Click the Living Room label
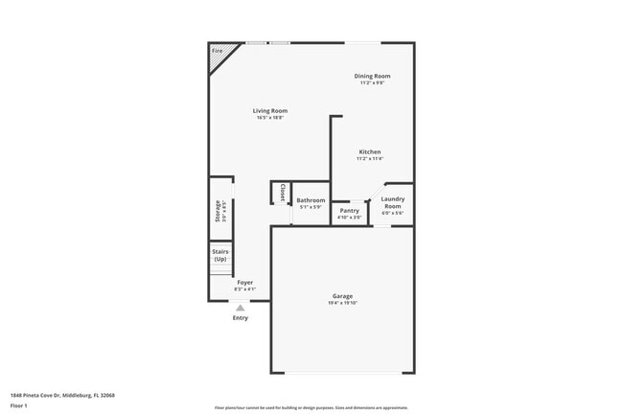point(270,111)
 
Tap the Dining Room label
point(373,76)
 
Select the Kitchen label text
point(370,152)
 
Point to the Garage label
point(342,296)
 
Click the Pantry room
point(349,211)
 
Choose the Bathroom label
point(311,200)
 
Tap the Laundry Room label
point(393,202)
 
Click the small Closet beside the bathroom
point(282,193)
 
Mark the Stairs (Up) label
point(220,256)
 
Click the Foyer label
point(245,283)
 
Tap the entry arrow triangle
point(241,308)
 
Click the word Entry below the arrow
point(241,318)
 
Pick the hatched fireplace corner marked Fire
point(219,55)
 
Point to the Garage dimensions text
point(342,303)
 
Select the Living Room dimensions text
point(270,118)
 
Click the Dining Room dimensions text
point(373,83)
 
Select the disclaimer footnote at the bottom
point(311,406)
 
